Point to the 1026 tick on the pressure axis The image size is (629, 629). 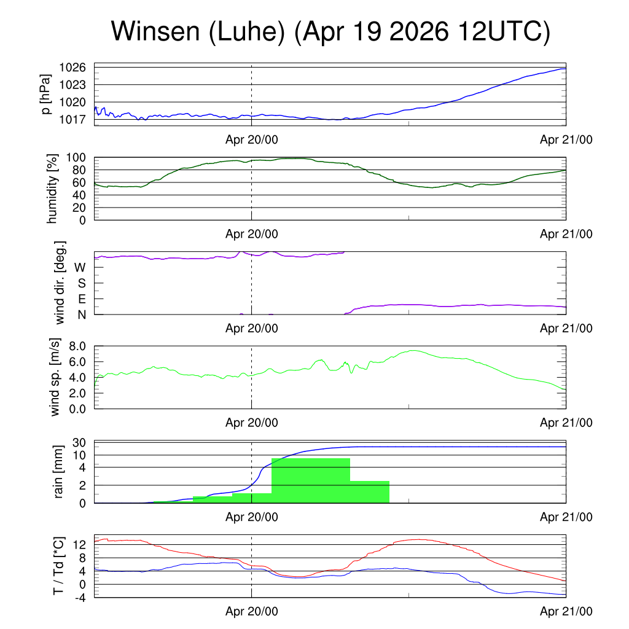click(72, 68)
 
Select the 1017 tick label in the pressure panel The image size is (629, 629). click(72, 120)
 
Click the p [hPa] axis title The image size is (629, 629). click(45, 94)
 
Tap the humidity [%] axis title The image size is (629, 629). click(52, 189)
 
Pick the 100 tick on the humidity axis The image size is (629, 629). click(76, 158)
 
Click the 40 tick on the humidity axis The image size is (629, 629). click(79, 195)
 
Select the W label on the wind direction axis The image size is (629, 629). click(80, 267)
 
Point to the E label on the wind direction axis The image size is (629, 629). click(82, 299)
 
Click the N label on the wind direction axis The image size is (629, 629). click(82, 315)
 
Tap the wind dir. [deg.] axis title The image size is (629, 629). click(60, 283)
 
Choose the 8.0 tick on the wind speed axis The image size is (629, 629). click(77, 346)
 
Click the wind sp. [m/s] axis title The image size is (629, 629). click(55, 377)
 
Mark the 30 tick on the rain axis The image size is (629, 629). click(79, 443)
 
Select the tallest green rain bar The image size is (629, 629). click(311, 480)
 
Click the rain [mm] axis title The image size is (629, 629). click(58, 472)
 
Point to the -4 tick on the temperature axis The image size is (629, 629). click(80, 598)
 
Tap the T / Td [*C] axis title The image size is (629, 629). click(58, 566)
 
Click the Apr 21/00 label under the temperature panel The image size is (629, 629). click(566, 611)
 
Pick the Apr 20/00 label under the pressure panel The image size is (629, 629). click(251, 139)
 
